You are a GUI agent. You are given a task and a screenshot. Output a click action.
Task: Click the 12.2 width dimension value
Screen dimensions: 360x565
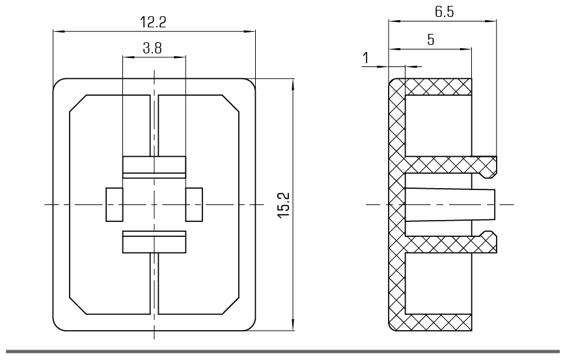(154, 22)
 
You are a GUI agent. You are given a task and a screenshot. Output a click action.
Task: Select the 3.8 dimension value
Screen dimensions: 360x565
(154, 48)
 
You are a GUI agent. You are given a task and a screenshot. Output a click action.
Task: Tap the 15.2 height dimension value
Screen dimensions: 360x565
(284, 205)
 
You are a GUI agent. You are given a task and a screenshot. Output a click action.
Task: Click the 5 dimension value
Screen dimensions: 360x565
(430, 39)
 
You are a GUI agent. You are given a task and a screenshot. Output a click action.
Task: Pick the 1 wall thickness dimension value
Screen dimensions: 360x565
(366, 58)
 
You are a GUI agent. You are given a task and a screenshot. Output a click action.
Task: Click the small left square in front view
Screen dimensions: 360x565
(114, 204)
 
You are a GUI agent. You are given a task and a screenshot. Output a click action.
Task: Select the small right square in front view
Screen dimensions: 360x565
(194, 204)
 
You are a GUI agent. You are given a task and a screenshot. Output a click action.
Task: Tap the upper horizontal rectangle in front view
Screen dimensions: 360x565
(154, 167)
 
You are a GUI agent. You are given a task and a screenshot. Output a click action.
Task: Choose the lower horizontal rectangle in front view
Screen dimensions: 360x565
(154, 242)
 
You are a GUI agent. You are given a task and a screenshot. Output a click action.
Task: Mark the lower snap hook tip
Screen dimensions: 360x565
(493, 242)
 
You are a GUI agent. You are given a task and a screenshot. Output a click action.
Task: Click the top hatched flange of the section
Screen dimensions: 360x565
(436, 87)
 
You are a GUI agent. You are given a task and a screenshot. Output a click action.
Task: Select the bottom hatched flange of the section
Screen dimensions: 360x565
(436, 322)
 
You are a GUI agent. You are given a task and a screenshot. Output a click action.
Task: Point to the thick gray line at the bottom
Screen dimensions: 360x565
(282, 352)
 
